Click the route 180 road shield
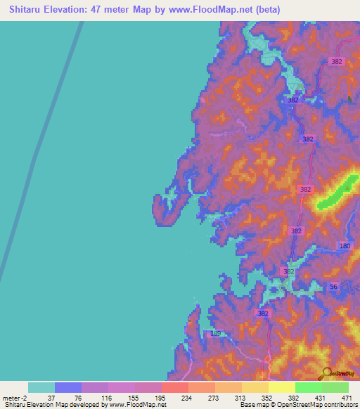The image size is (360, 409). click(345, 245)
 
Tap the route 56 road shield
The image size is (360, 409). click(334, 286)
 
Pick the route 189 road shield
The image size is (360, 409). click(215, 334)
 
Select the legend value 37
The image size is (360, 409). click(50, 398)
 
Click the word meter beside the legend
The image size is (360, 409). click(11, 398)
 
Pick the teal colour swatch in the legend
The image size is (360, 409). click(41, 387)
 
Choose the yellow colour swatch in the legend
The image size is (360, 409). click(282, 387)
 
